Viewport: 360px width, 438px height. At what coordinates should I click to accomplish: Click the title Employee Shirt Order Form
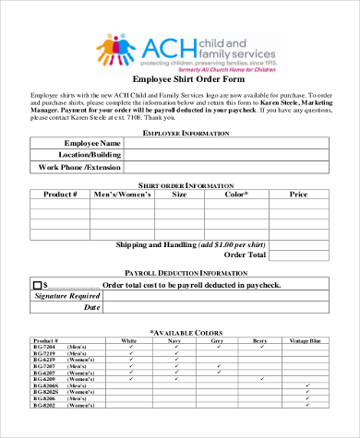(x=179, y=78)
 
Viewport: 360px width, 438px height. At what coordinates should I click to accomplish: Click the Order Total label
(x=246, y=255)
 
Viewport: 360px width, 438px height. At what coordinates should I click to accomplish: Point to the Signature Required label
(x=67, y=296)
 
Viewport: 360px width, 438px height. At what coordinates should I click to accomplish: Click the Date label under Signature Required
(x=91, y=307)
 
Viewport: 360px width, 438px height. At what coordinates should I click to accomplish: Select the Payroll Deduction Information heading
(x=179, y=274)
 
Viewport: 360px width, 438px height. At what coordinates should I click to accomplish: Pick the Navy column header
(x=174, y=340)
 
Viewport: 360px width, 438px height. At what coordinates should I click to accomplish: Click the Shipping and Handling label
(x=190, y=243)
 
